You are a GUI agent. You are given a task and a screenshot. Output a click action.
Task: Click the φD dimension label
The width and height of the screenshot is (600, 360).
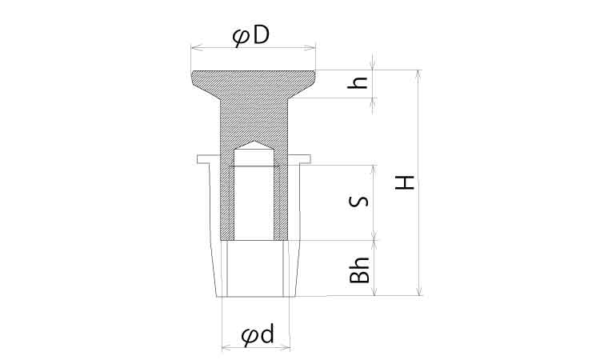(x=251, y=37)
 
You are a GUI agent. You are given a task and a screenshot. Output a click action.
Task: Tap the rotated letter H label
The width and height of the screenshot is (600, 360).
(x=405, y=183)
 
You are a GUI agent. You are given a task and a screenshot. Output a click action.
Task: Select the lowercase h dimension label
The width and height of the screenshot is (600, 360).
(x=358, y=82)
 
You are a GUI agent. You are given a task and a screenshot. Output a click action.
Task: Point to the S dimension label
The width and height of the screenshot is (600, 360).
(x=359, y=202)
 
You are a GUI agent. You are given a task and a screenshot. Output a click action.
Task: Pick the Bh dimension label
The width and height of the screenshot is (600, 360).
(x=360, y=270)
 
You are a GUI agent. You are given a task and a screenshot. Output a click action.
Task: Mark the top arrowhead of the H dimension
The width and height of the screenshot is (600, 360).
(x=419, y=76)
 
